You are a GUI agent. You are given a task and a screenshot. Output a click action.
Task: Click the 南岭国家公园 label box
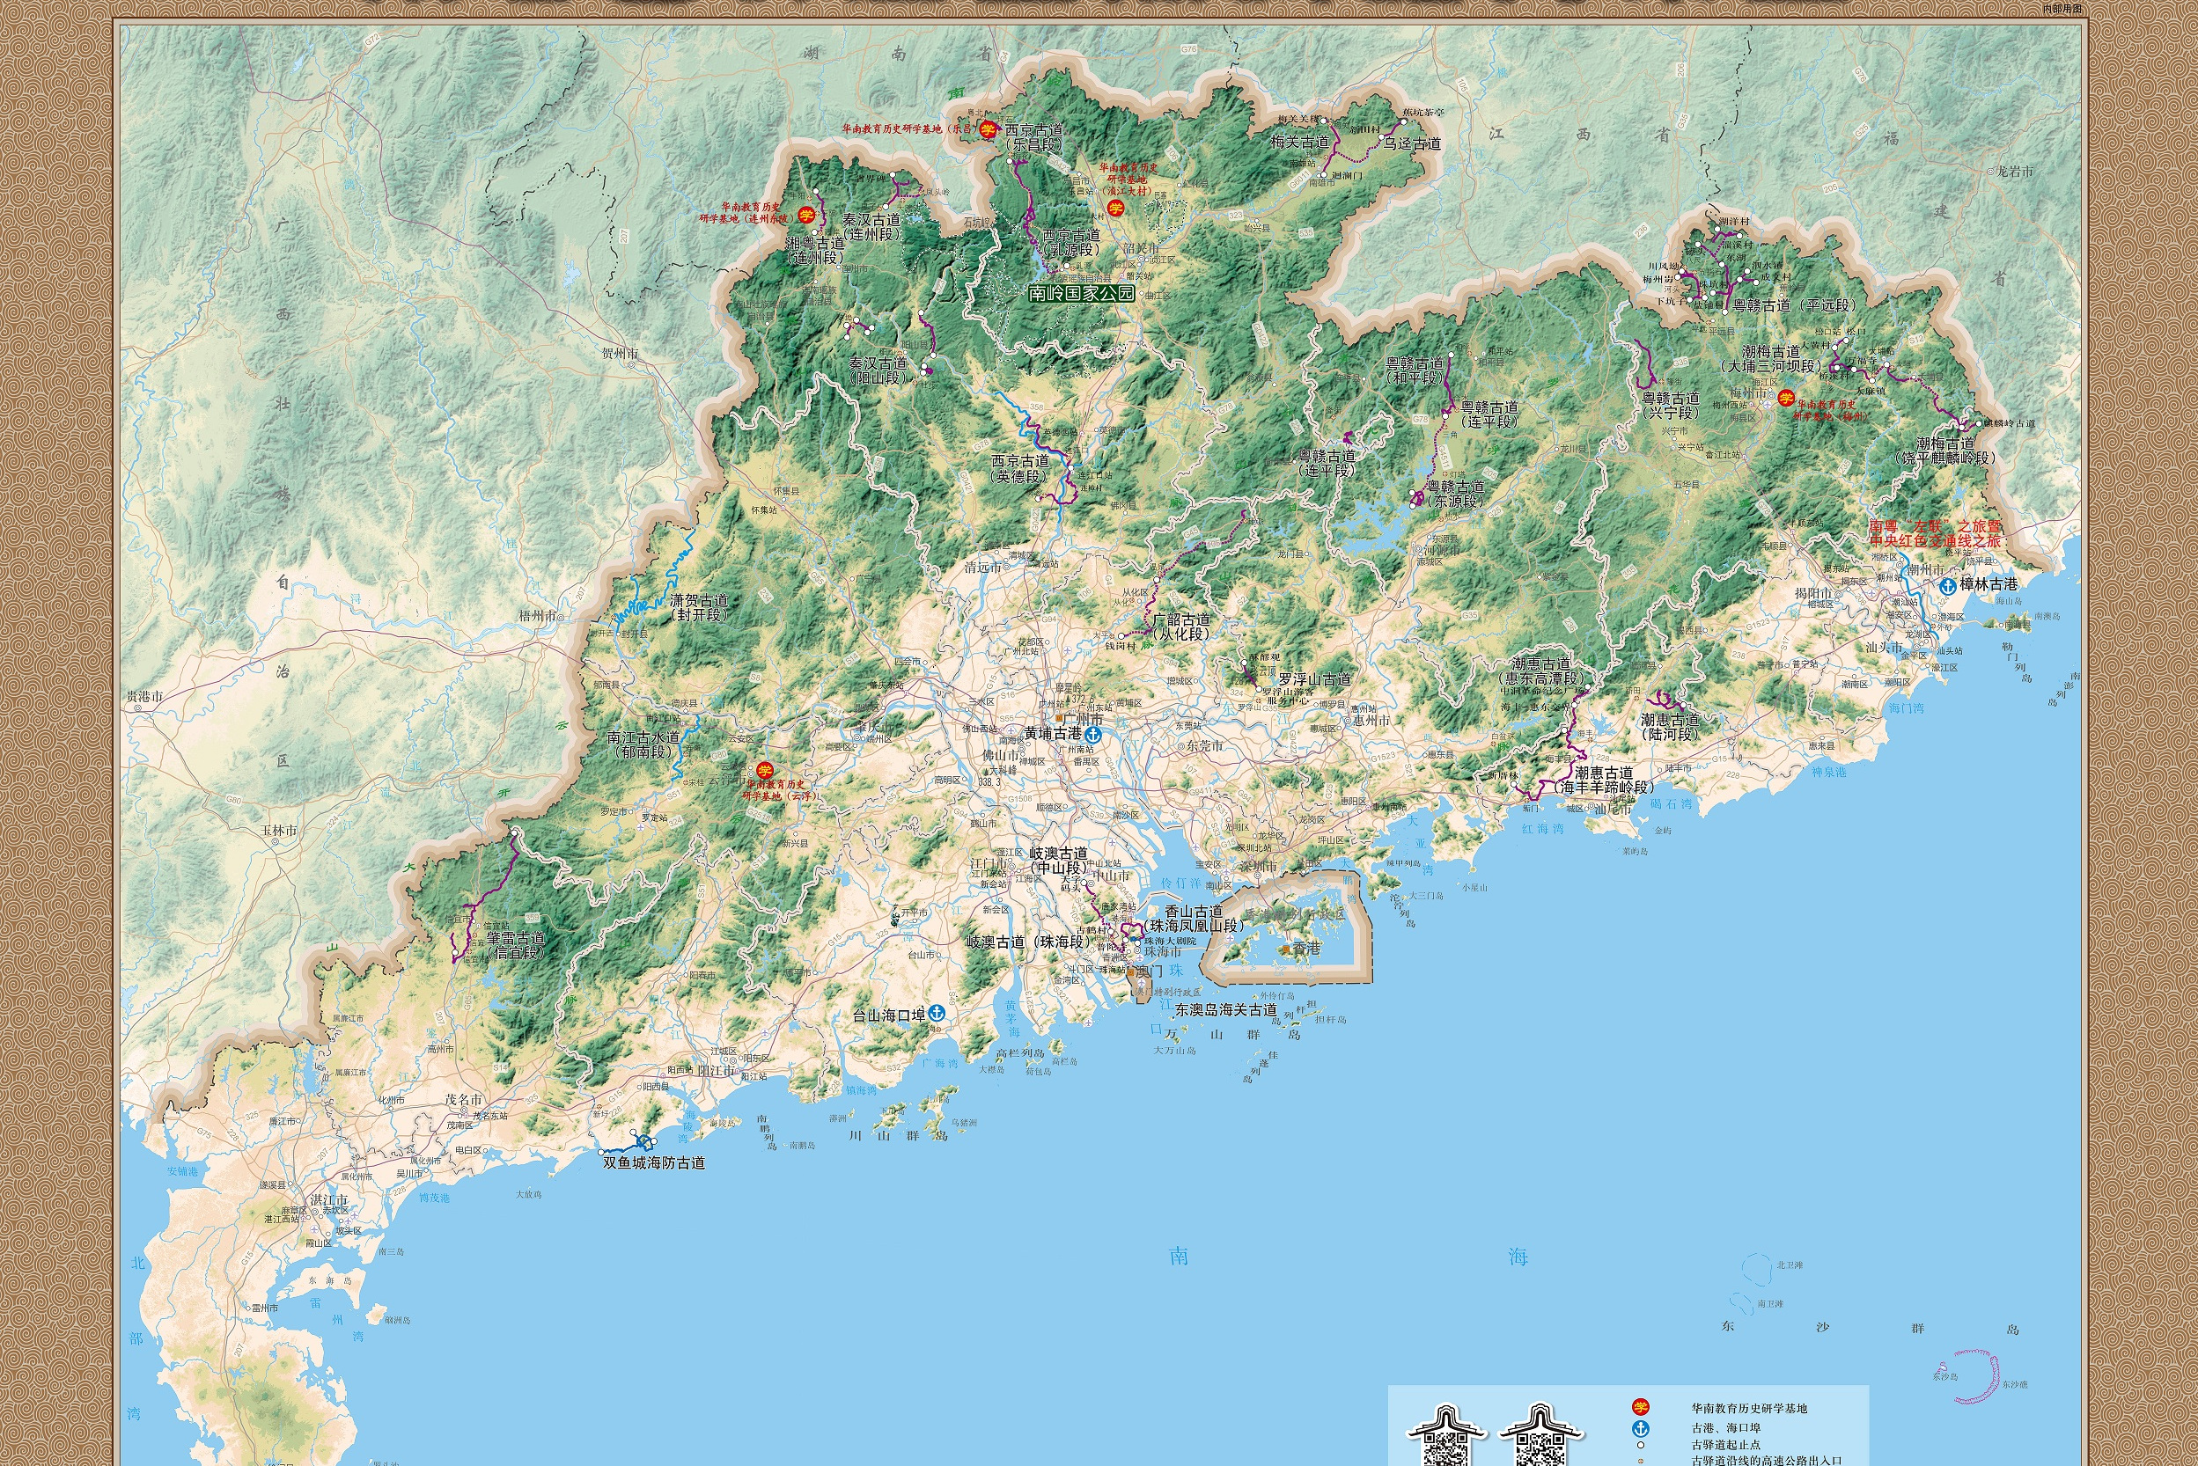tap(1080, 293)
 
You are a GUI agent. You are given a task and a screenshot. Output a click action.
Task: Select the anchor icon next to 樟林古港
tap(1948, 585)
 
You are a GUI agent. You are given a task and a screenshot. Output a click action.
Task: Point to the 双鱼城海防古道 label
tap(654, 1163)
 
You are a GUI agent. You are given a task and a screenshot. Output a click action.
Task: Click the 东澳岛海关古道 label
tap(1225, 1010)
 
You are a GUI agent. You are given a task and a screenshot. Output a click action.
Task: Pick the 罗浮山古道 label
tap(1314, 678)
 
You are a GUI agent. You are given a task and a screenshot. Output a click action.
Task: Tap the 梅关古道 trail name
tap(1299, 143)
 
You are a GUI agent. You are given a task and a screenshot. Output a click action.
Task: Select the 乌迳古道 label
tap(1412, 144)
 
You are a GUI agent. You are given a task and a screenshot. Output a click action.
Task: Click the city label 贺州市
tap(620, 355)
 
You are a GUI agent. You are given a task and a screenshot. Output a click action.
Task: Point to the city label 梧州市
tap(538, 616)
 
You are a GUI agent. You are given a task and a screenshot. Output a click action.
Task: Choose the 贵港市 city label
tap(145, 697)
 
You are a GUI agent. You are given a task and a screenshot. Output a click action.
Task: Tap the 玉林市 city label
tap(279, 831)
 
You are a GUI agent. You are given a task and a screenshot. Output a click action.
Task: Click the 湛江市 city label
tap(329, 1200)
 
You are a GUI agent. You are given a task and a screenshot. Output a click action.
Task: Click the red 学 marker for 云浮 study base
tap(765, 771)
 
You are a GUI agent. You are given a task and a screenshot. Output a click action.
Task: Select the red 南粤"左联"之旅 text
tap(1934, 527)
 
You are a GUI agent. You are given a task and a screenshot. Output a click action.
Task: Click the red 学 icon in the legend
tap(1641, 1407)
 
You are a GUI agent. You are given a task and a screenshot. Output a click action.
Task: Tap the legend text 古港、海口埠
tap(1725, 1427)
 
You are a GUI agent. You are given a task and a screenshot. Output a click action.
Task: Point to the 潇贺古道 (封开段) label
tap(699, 608)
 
